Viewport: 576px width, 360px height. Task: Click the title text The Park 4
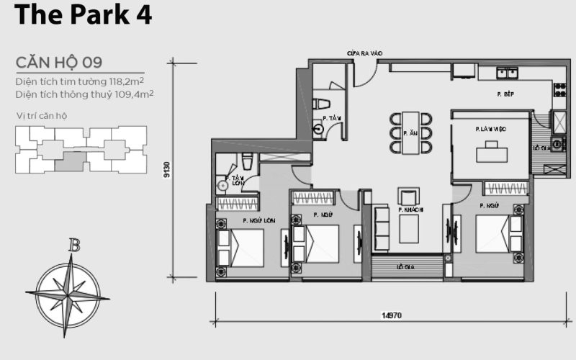pyautogui.click(x=83, y=15)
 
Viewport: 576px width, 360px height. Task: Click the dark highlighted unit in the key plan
pyautogui.click(x=69, y=161)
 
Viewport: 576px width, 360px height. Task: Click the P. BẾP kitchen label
pyautogui.click(x=505, y=94)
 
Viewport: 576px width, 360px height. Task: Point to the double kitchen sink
pyautogui.click(x=508, y=72)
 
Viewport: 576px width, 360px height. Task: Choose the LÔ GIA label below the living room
pyautogui.click(x=408, y=267)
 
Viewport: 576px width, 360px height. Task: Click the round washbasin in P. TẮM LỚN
pyautogui.click(x=222, y=185)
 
